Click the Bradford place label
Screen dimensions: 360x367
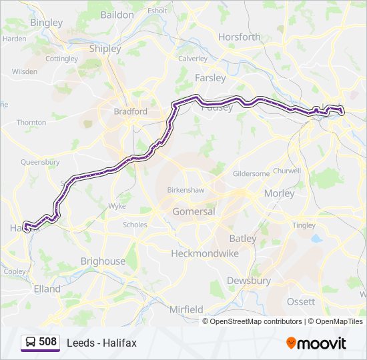click(x=130, y=111)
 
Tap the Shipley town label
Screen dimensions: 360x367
click(x=105, y=49)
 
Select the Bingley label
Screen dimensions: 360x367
click(x=46, y=23)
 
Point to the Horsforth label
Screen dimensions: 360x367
click(x=239, y=37)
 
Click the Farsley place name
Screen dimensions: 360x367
click(x=210, y=77)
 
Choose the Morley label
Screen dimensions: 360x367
click(x=279, y=193)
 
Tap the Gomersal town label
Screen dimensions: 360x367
click(x=194, y=211)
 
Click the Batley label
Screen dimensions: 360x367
click(x=242, y=238)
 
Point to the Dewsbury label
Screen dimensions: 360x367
click(x=249, y=281)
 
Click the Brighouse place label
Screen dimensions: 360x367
click(x=102, y=261)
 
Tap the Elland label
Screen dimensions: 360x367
click(x=47, y=289)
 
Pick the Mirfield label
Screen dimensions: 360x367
click(x=186, y=309)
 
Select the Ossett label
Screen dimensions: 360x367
click(x=300, y=301)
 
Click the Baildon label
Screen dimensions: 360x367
click(x=117, y=14)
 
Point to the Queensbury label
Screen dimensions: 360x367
click(x=40, y=162)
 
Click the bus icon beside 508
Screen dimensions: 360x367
click(x=30, y=343)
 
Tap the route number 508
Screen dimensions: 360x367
click(x=47, y=342)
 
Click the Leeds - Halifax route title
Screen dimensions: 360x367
click(x=101, y=343)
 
